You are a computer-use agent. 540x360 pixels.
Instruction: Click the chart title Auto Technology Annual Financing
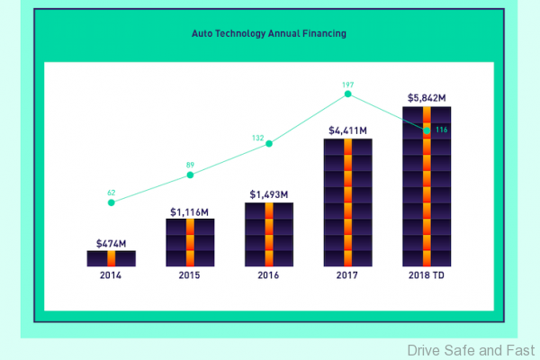click(x=269, y=33)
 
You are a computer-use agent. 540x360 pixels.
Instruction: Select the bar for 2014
click(x=111, y=258)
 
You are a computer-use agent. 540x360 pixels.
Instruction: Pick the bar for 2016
click(x=269, y=234)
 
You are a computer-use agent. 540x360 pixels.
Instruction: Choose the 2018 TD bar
click(x=427, y=187)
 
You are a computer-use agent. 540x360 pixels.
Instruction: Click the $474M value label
click(x=111, y=242)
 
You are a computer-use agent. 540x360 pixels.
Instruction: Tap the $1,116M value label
click(x=190, y=211)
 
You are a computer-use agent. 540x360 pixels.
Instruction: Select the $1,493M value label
click(x=269, y=194)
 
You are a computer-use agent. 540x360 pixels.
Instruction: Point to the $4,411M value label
click(x=347, y=130)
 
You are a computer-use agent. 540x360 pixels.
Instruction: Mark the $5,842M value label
click(x=427, y=97)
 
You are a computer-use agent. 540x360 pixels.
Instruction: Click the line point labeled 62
click(x=111, y=202)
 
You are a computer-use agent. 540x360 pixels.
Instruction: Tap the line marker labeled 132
click(x=269, y=144)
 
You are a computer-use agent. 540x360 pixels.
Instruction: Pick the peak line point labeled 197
click(x=347, y=94)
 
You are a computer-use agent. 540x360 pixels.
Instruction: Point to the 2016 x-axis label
click(x=269, y=277)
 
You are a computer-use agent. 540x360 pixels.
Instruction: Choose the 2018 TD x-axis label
click(x=427, y=277)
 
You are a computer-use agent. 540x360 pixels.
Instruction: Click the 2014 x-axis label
click(x=111, y=277)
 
